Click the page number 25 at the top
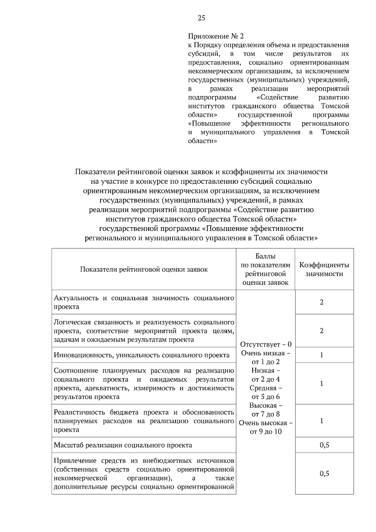click(201, 18)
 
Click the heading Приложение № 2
click(216, 36)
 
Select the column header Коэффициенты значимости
click(324, 269)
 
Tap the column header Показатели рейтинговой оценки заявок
click(144, 269)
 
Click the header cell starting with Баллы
click(265, 269)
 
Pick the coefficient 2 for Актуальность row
click(321, 302)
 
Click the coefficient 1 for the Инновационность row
click(321, 355)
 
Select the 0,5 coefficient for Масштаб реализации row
click(324, 445)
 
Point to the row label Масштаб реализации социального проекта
click(123, 445)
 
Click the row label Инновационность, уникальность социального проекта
click(142, 355)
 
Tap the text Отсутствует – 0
click(266, 344)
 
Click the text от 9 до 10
click(266, 432)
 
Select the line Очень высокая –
click(266, 423)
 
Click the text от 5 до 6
click(266, 397)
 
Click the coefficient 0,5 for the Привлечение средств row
click(324, 473)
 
